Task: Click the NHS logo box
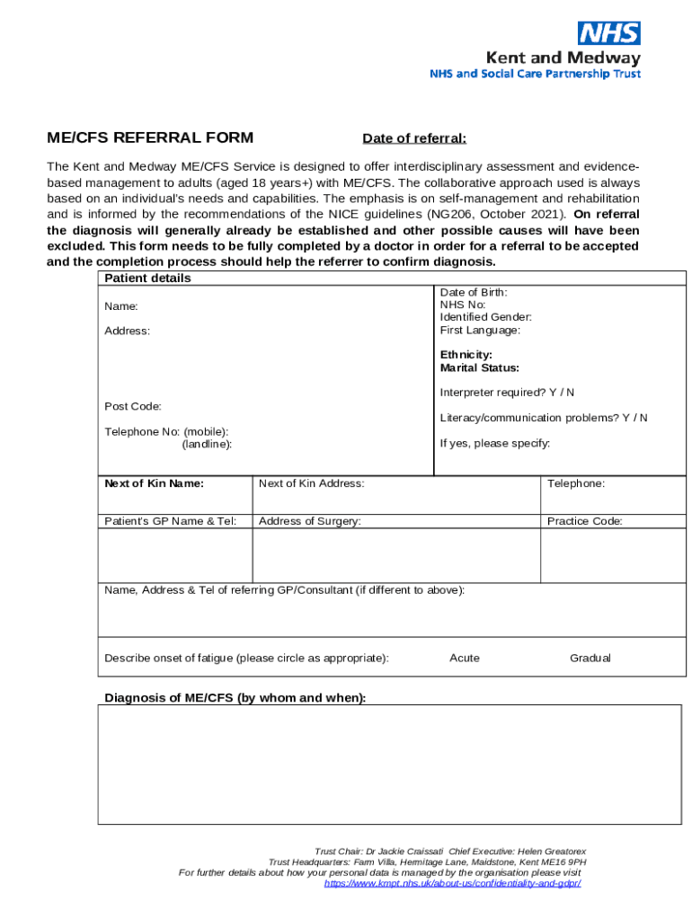[609, 33]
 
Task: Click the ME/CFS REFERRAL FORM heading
[150, 137]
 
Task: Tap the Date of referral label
[414, 138]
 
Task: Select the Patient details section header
[147, 279]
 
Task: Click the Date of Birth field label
[474, 292]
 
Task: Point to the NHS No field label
[463, 305]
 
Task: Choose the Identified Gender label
[485, 317]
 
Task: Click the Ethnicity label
[466, 355]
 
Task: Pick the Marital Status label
[479, 367]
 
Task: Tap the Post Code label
[133, 406]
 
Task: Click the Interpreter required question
[507, 393]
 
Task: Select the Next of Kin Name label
[154, 483]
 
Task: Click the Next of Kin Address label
[311, 483]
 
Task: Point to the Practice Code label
[584, 521]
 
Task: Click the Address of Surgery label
[309, 521]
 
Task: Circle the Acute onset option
[465, 658]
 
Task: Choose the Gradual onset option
[590, 658]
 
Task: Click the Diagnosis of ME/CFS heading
[235, 698]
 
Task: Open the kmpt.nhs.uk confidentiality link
[452, 883]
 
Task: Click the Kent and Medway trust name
[563, 57]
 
